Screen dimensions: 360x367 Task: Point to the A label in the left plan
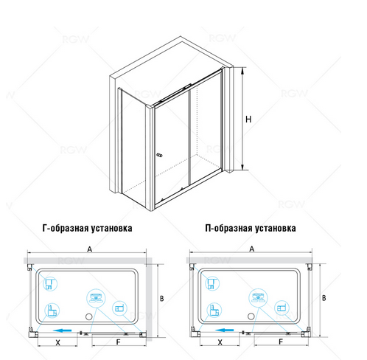pos(90,251)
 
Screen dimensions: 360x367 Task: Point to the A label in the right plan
pos(253,251)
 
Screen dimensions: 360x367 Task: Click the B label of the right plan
pos(325,298)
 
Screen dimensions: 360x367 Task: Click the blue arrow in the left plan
pos(65,331)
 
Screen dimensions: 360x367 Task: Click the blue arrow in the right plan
pos(229,331)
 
